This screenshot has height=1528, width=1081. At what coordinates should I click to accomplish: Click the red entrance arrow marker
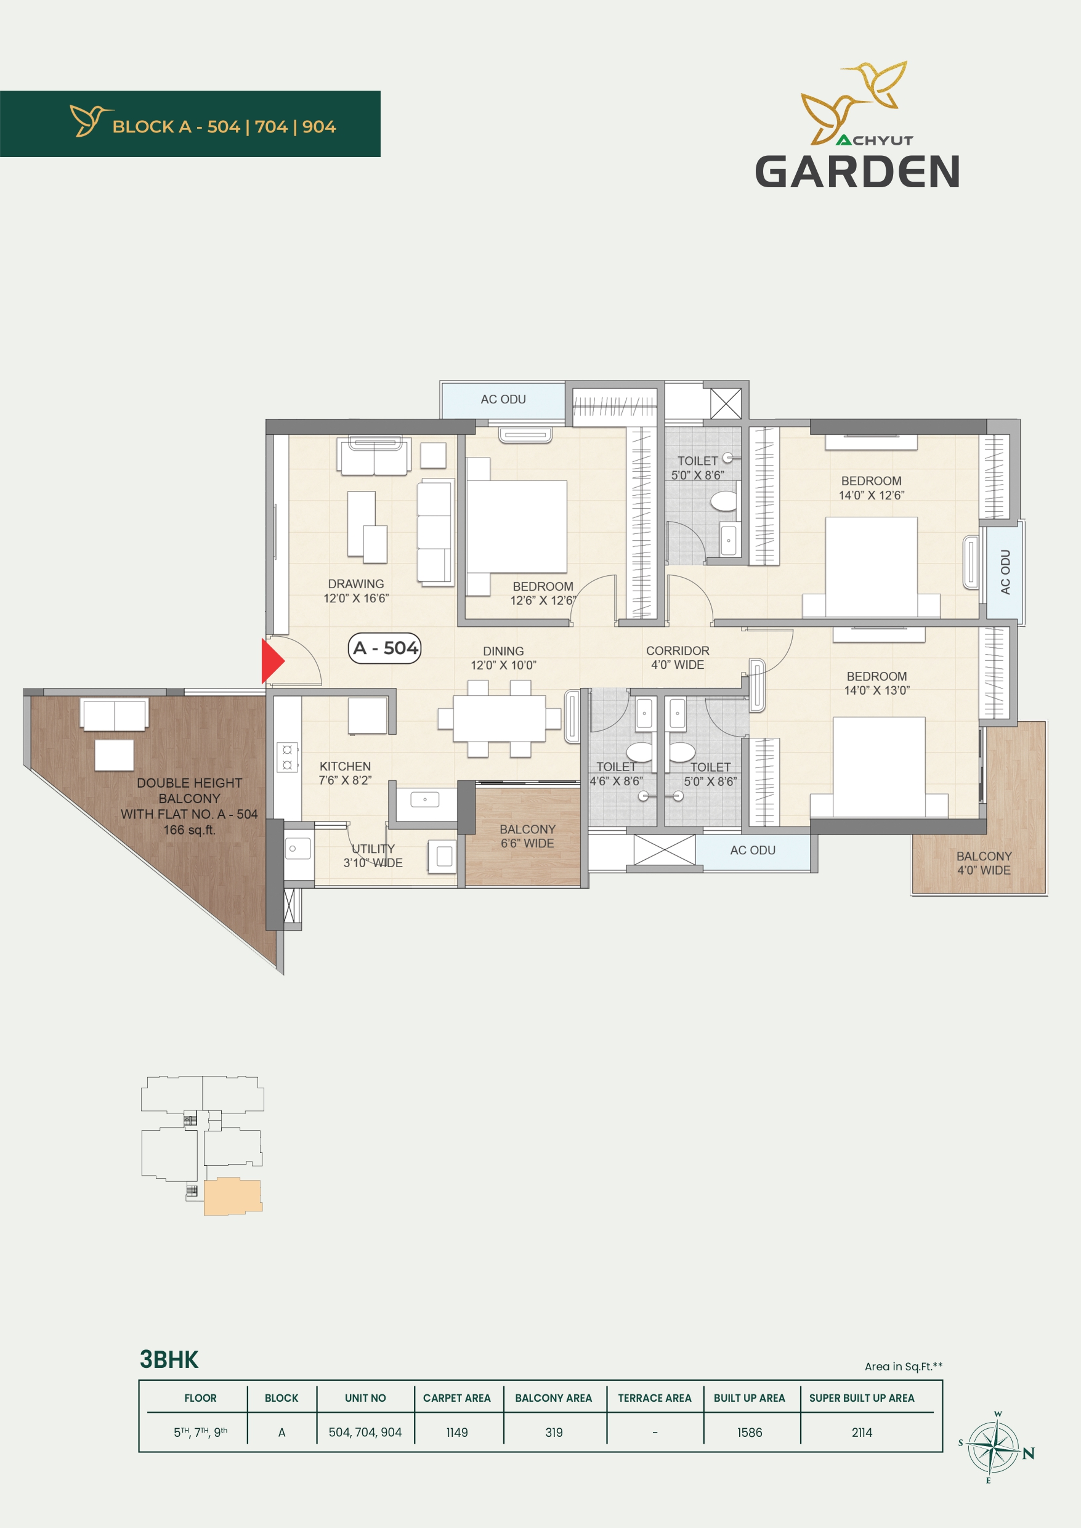[x=272, y=661]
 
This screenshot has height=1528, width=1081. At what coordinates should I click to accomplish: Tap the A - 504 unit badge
[x=385, y=647]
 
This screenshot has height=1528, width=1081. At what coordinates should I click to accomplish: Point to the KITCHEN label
[x=345, y=774]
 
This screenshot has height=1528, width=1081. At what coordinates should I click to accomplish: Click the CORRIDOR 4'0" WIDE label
[x=678, y=658]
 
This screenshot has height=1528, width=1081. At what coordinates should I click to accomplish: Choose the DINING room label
[x=503, y=658]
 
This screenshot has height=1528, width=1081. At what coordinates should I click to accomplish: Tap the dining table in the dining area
[x=499, y=719]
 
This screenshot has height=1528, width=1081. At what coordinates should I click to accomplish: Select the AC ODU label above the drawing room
[x=503, y=399]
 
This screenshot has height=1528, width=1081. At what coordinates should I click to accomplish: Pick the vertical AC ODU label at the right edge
[x=1005, y=572]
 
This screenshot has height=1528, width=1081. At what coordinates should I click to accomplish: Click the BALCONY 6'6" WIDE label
[x=527, y=836]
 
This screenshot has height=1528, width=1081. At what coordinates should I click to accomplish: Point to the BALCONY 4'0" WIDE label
[x=984, y=863]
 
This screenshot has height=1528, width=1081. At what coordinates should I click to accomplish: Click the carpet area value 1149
[x=456, y=1432]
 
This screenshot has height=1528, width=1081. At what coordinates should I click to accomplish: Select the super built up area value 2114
[x=861, y=1432]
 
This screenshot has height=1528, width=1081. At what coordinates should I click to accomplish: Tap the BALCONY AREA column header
[x=553, y=1398]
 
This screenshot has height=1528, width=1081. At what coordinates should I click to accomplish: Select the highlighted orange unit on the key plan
[x=233, y=1196]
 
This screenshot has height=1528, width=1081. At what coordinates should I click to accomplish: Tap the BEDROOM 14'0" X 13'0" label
[x=877, y=684]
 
